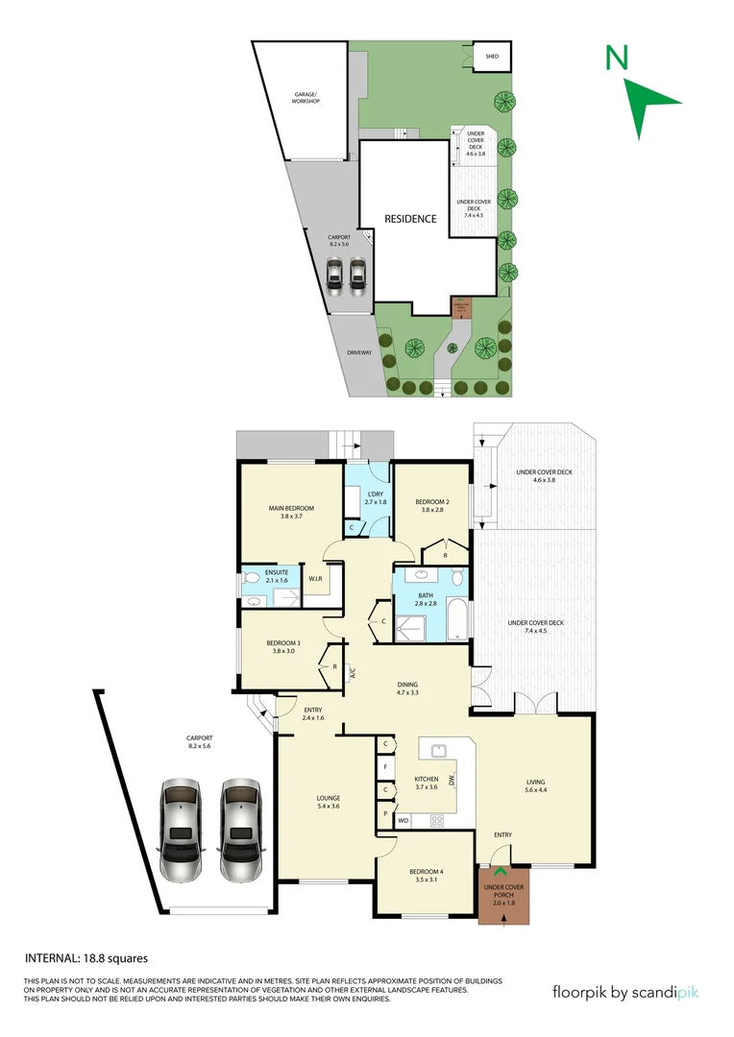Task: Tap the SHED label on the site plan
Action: (492, 57)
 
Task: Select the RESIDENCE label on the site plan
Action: (410, 219)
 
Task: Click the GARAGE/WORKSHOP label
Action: (306, 99)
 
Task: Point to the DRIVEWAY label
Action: (358, 353)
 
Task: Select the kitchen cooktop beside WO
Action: (436, 821)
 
